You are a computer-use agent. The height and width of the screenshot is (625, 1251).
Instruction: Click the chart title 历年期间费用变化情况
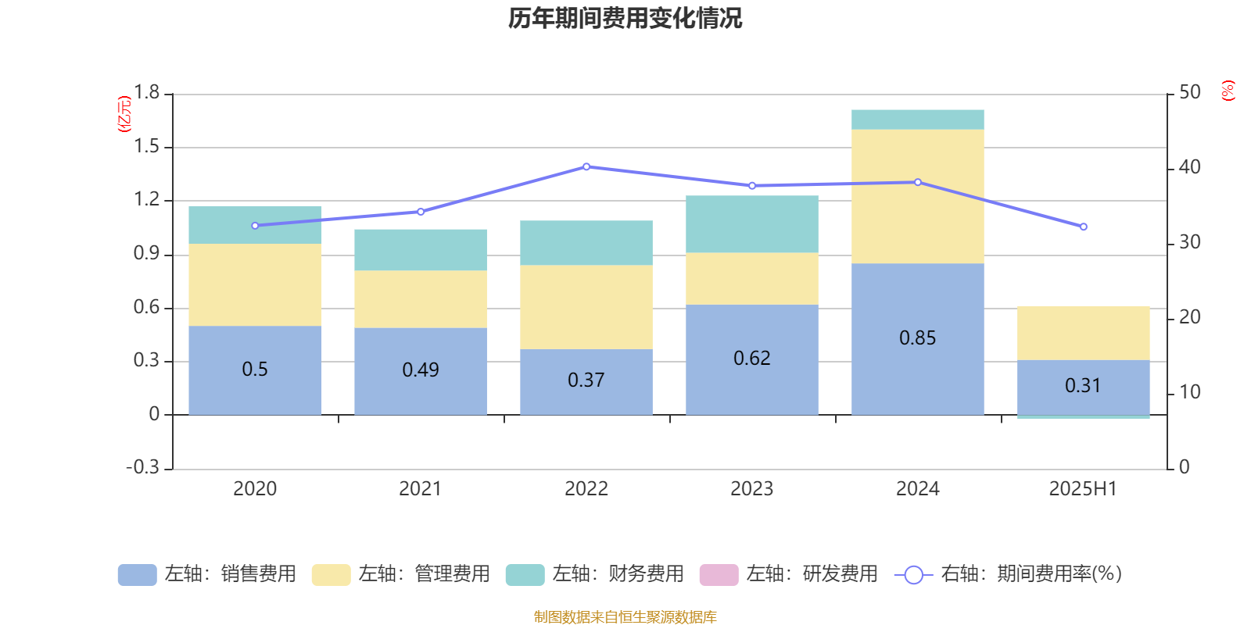point(625,18)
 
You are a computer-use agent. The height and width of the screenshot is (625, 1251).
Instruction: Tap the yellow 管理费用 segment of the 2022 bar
point(586,307)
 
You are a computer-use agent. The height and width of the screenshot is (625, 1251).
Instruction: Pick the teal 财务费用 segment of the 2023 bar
point(752,224)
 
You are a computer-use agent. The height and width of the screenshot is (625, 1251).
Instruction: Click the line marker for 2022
point(586,166)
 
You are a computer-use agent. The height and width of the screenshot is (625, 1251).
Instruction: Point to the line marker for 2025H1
point(1084,227)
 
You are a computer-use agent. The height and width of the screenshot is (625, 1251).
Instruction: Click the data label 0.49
point(421,370)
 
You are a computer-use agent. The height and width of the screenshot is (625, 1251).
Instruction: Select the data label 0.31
point(1083,385)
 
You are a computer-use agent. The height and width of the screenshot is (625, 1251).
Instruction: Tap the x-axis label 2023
point(752,489)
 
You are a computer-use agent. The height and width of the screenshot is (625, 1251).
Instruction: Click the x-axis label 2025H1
point(1083,489)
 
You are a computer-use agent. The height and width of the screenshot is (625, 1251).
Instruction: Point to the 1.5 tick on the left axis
point(146,147)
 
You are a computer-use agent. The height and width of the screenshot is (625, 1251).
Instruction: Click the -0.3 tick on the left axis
point(143,467)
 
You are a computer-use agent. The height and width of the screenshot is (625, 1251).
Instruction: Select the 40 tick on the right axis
point(1189,167)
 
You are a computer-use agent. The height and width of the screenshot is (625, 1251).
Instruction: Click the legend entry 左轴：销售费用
point(207,574)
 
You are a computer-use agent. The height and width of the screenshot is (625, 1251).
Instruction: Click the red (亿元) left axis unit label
point(124,114)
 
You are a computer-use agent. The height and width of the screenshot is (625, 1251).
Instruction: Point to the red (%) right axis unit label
point(1228,91)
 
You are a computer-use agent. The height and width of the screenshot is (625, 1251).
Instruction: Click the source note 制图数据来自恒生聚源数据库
point(625,617)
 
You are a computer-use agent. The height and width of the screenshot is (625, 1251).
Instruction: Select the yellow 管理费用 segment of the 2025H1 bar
point(1084,334)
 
